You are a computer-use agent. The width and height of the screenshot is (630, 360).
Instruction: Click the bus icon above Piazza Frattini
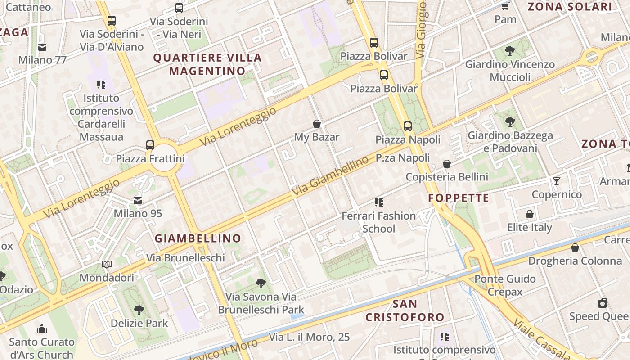point(150,145)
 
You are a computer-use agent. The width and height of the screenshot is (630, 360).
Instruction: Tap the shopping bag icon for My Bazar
point(317,124)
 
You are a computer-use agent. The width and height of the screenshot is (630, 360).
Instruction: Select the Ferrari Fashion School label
point(379,222)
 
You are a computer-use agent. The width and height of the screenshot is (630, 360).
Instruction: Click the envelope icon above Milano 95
point(138,201)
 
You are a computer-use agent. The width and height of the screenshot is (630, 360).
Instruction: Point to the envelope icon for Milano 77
point(42,47)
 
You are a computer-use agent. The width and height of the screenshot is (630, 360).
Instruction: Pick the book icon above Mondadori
point(107,265)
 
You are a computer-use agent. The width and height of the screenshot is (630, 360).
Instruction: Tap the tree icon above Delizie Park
point(139,310)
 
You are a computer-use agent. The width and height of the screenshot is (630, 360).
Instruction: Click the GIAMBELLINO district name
point(198,238)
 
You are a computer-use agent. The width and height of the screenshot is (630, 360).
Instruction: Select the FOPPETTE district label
point(459,198)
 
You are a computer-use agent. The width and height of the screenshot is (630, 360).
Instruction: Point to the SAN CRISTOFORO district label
point(405,310)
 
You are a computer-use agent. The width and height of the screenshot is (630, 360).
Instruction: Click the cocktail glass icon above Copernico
point(557,181)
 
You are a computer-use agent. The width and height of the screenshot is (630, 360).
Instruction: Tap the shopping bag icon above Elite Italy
point(530,214)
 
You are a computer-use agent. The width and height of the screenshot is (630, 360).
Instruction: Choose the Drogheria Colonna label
point(575,261)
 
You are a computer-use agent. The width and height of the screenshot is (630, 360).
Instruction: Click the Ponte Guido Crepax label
point(505,285)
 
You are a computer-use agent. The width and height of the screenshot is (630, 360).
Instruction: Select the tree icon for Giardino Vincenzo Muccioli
point(510,51)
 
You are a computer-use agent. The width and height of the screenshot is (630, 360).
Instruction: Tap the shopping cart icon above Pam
point(505,6)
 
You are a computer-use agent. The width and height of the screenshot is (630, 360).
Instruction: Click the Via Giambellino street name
point(331,177)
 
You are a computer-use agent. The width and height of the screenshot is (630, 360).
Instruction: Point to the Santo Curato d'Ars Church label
point(41,348)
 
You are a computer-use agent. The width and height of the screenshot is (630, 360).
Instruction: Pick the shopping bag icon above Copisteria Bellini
point(447,164)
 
